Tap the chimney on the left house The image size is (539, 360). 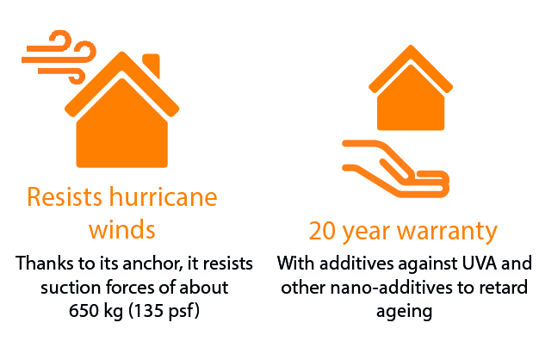(x=152, y=64)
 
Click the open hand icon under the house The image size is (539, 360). (x=395, y=169)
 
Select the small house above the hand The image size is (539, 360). (x=411, y=88)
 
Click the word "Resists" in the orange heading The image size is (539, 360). (x=65, y=197)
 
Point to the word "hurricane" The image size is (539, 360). (x=164, y=197)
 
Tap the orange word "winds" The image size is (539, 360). (x=122, y=230)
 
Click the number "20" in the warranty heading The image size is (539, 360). (x=322, y=230)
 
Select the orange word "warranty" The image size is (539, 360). (x=447, y=232)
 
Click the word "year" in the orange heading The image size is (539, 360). (x=367, y=233)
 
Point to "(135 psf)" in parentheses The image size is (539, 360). (x=164, y=312)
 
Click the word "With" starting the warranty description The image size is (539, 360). (x=295, y=264)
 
